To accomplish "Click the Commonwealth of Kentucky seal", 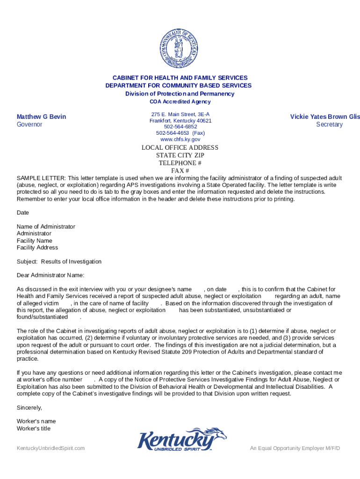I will click(180, 48).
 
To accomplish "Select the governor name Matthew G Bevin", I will click(41, 116).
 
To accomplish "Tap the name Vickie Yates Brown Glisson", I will click(325, 116).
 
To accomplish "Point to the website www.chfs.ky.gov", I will click(180, 139).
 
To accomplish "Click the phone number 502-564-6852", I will click(180, 127).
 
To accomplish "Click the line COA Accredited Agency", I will click(180, 102).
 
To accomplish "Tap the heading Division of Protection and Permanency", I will click(180, 94).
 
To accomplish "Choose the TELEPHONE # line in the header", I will click(180, 163).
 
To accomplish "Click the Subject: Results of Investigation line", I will click(59, 261).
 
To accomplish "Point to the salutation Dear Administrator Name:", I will click(50, 275).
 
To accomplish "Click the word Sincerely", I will click(29, 407).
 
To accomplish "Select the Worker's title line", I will click(34, 428).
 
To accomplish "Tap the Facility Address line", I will click(37, 247).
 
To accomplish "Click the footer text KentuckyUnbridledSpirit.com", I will click(50, 449).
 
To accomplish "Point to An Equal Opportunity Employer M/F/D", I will click(295, 449).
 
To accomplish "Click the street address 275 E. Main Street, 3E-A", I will click(180, 115).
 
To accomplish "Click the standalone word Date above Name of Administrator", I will click(23, 212).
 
